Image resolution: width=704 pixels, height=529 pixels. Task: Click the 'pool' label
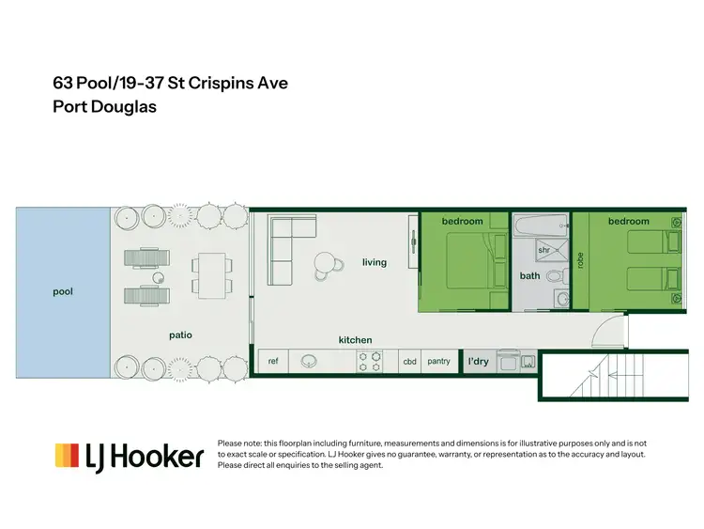[63, 292]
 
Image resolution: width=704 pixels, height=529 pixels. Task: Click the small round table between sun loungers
[159, 278]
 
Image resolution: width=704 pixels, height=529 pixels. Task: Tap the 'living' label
[375, 262]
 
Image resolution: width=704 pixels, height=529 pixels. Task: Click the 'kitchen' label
[356, 339]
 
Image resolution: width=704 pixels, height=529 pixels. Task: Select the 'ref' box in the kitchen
[273, 361]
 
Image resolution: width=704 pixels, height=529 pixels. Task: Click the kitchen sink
[308, 361]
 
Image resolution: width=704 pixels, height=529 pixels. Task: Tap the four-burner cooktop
[368, 361]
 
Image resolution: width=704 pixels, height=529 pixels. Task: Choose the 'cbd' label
[409, 361]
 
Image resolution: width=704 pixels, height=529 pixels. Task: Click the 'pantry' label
[438, 361]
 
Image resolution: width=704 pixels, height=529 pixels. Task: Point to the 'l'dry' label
[479, 361]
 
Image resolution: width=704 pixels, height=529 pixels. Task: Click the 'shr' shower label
[543, 250]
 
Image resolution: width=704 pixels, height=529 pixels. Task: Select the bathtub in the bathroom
[540, 225]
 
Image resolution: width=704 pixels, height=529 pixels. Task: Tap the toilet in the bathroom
[556, 276]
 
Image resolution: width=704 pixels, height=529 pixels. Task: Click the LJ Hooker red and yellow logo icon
[66, 456]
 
